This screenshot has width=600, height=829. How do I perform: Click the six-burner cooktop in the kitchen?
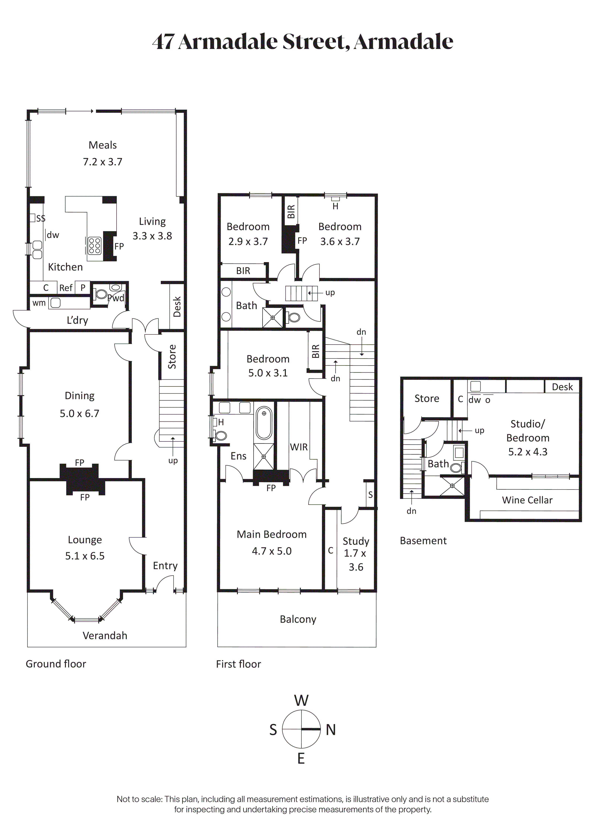(x=95, y=246)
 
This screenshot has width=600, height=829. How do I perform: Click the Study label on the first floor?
(x=356, y=541)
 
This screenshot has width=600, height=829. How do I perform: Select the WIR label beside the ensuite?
(x=299, y=447)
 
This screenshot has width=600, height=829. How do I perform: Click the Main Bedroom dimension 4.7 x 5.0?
(x=272, y=551)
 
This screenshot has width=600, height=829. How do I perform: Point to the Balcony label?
(x=298, y=619)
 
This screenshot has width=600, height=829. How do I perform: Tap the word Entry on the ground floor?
(x=165, y=566)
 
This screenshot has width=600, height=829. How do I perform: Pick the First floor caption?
(x=239, y=664)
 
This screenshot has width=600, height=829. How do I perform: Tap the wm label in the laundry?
(x=39, y=303)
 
